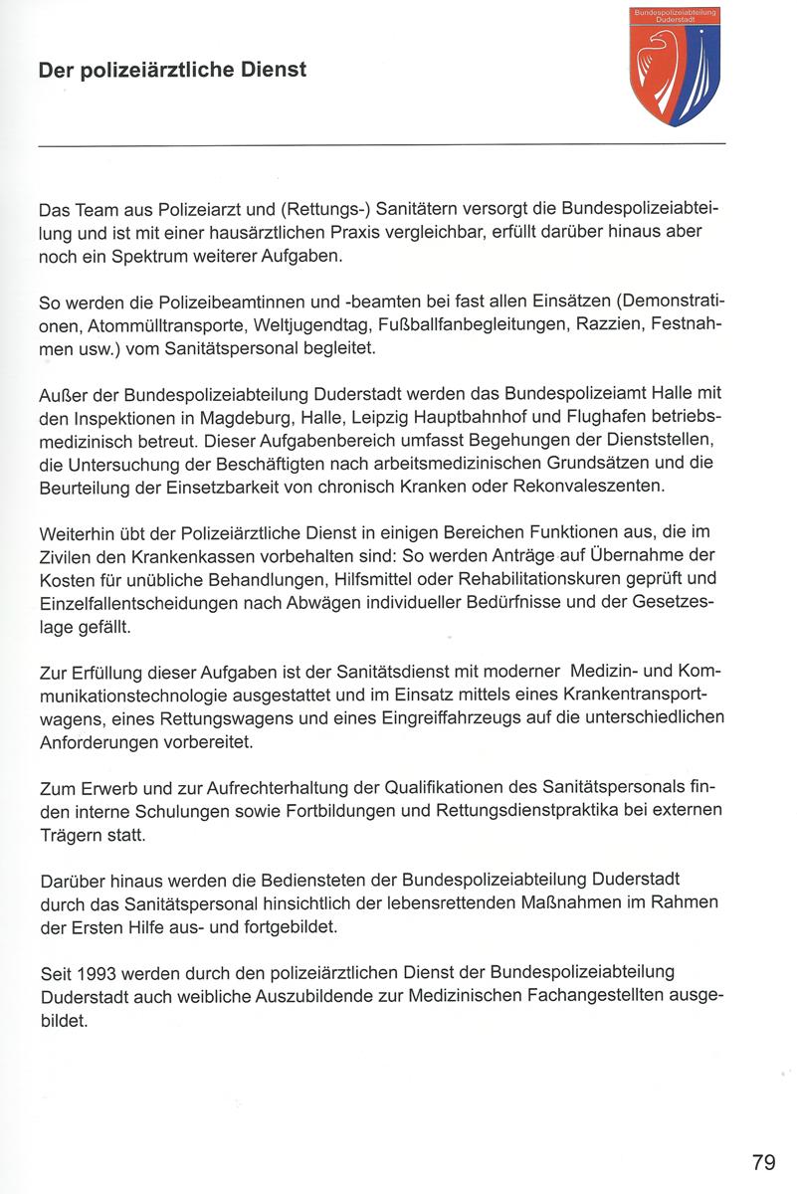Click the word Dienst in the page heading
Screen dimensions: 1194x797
click(269, 71)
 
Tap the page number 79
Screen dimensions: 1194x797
click(763, 1162)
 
